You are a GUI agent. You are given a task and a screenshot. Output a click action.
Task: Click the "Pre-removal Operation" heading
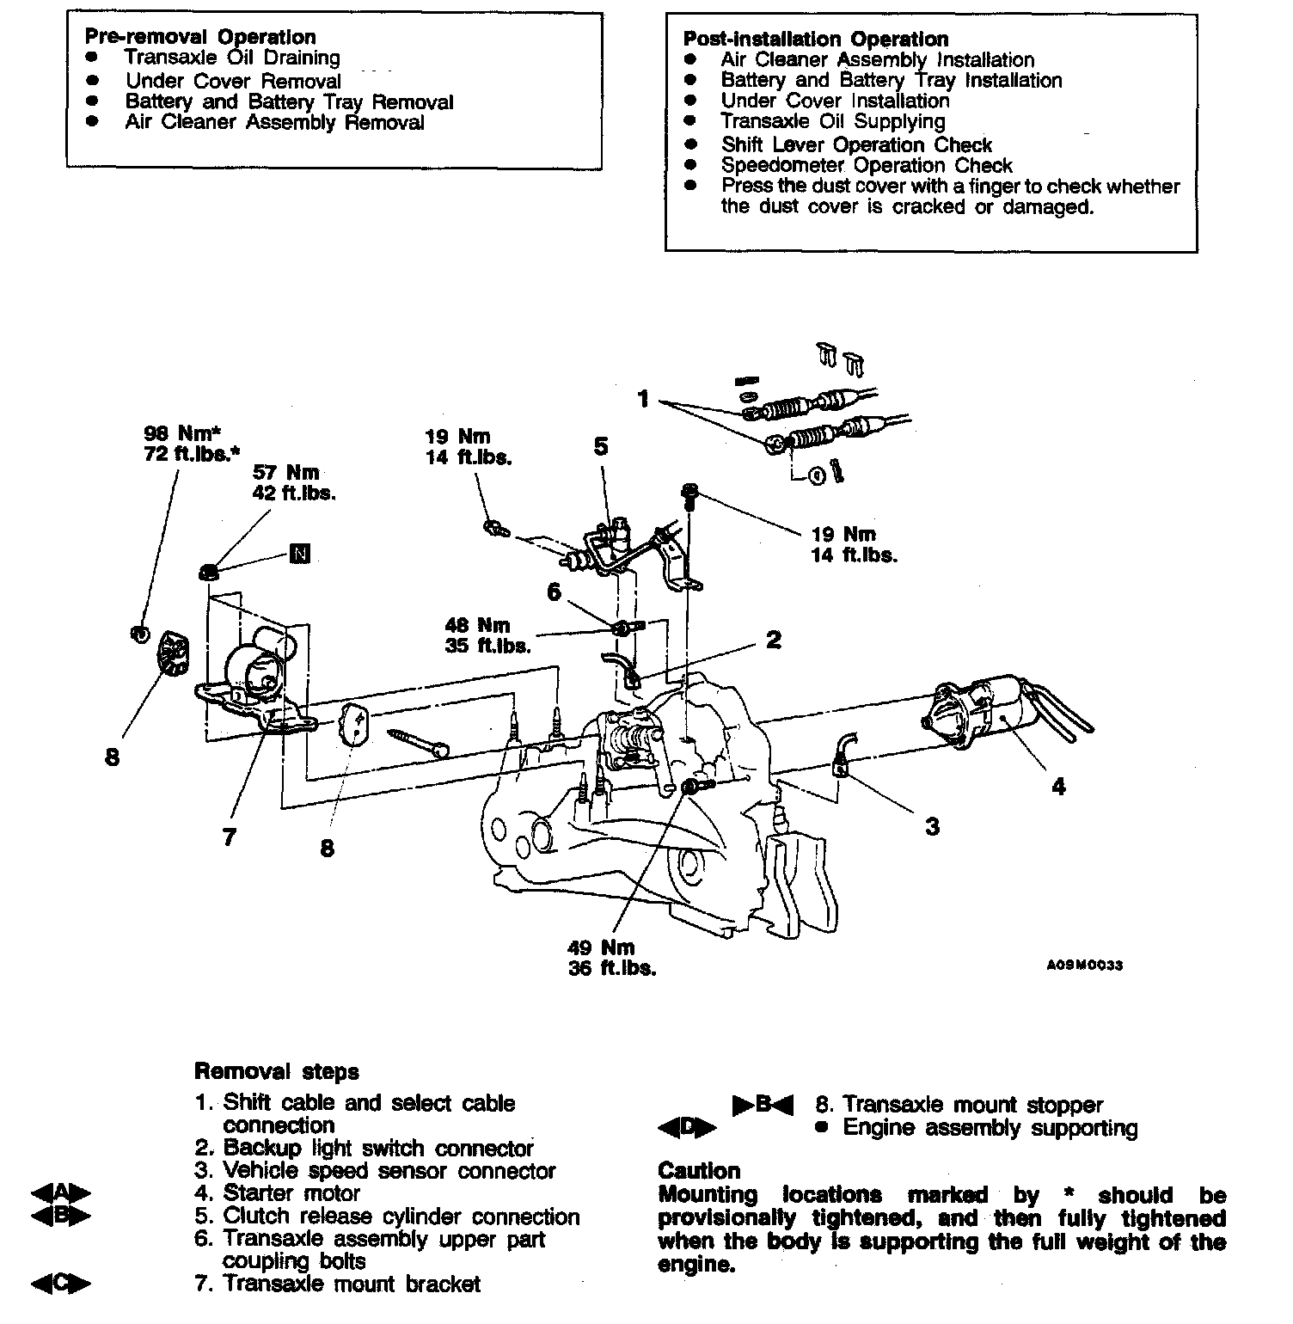click(x=200, y=37)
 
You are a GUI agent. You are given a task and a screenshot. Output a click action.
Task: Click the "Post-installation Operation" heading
click(x=815, y=39)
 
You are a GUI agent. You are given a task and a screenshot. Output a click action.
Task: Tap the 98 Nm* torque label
click(x=182, y=433)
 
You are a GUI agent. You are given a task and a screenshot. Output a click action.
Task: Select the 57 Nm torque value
click(x=285, y=472)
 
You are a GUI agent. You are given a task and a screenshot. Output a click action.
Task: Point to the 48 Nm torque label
click(x=477, y=625)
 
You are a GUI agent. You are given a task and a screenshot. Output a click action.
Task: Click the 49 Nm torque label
click(x=601, y=947)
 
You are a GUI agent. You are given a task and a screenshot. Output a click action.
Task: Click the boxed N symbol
click(x=299, y=553)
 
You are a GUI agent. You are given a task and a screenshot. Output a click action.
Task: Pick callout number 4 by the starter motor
click(x=1058, y=786)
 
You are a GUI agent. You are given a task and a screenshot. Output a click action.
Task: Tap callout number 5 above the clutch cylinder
click(x=600, y=446)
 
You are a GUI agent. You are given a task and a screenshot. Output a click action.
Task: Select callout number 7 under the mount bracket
click(x=228, y=837)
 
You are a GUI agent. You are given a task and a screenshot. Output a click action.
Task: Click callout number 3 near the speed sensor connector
click(x=932, y=827)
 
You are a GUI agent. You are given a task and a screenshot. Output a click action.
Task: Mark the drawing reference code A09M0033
click(x=1084, y=965)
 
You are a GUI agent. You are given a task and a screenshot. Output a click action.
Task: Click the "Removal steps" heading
click(x=276, y=1071)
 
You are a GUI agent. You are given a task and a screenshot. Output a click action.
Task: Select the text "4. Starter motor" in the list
click(x=291, y=1193)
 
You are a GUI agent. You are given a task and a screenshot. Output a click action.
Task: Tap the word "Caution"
click(x=698, y=1171)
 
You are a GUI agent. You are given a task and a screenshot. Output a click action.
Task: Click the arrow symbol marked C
click(x=60, y=1284)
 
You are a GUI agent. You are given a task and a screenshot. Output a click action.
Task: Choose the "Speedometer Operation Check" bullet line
click(x=866, y=165)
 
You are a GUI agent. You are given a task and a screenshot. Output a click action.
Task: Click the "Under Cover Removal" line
click(x=233, y=81)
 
